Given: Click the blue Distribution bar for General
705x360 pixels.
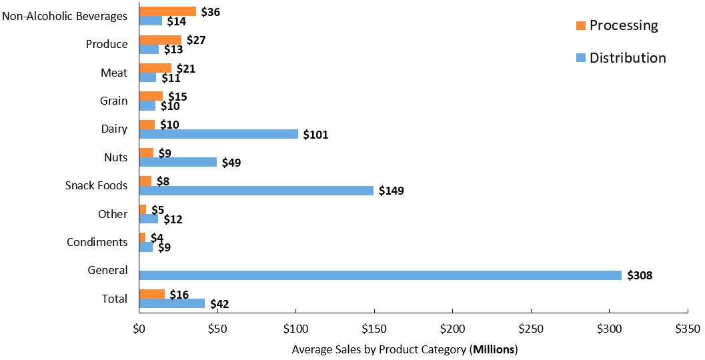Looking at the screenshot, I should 380,275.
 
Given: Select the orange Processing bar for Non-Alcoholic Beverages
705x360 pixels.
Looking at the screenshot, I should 167,11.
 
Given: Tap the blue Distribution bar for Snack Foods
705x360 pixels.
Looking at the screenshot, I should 256,191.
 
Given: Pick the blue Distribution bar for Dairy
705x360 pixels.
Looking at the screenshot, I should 218,134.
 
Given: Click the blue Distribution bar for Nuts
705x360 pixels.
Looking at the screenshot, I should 178,162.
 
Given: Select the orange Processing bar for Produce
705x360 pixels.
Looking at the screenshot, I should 160,40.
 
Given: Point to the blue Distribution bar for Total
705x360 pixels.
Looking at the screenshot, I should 172,303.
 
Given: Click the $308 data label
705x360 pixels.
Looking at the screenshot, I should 639,275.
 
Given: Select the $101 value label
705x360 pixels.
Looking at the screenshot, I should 315,135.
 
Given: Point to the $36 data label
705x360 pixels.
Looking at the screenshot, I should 211,12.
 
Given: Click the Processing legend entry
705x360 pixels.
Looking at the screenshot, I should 616,25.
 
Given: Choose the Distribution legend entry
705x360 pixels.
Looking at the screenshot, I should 620,58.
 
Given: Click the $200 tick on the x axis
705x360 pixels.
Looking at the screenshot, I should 452,329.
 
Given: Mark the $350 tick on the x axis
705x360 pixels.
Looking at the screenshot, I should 687,329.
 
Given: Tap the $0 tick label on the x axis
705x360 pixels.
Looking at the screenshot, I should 139,329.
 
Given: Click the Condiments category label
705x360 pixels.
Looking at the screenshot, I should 97,242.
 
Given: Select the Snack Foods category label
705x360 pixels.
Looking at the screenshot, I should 96,185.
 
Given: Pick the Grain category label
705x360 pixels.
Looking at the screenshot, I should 114,101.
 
